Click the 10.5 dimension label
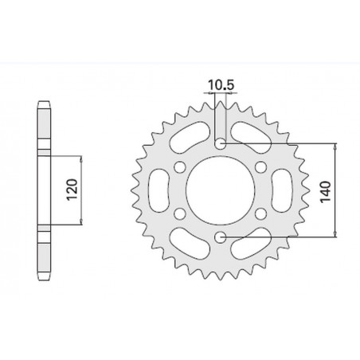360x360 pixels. pos(221,82)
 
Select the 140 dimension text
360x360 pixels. pos(327,190)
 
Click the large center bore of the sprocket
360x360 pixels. pos(221,190)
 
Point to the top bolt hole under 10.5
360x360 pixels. pos(221,144)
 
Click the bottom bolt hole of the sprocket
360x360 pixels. pos(221,237)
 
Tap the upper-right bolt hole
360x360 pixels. pos(261,167)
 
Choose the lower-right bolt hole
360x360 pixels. pos(261,213)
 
